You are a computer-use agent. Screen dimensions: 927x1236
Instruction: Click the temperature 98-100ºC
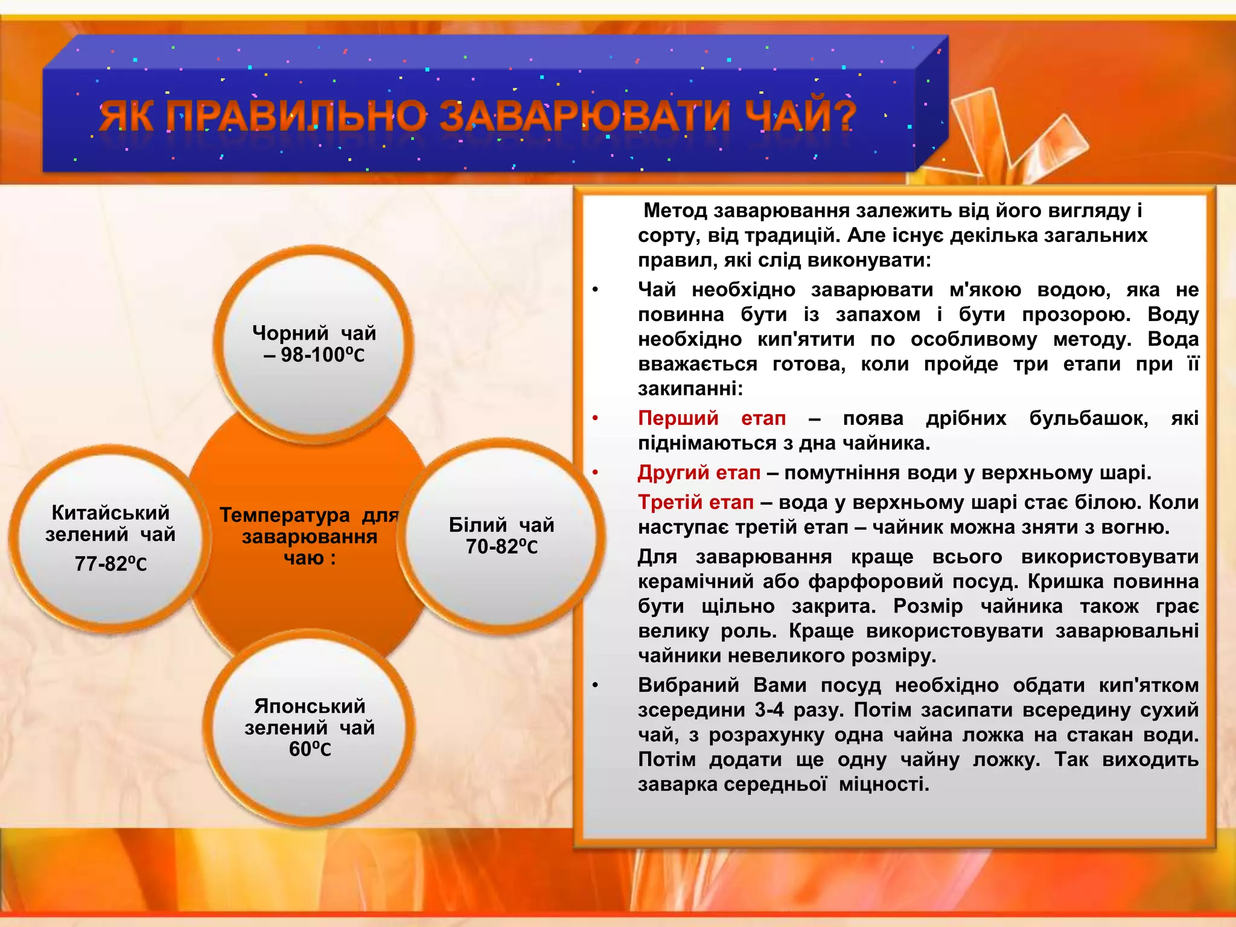click(322, 355)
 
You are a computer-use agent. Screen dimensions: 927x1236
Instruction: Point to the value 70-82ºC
click(501, 547)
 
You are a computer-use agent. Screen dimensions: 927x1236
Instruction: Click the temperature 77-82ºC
click(110, 564)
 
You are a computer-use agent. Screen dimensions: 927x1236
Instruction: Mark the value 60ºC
click(310, 749)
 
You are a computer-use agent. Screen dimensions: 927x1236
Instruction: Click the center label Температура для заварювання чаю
click(309, 536)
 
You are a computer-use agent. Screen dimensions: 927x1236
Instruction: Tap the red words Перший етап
click(712, 418)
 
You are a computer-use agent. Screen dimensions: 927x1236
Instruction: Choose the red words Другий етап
click(699, 473)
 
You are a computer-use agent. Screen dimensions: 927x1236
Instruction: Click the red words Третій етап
click(696, 502)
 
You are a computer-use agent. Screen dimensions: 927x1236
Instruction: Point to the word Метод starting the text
click(675, 211)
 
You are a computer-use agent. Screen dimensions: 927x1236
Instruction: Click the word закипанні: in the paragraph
click(690, 389)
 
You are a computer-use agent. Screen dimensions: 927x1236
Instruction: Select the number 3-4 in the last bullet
click(769, 710)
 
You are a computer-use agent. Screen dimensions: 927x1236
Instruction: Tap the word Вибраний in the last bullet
click(689, 685)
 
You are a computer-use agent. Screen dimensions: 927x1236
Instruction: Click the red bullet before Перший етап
click(595, 418)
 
